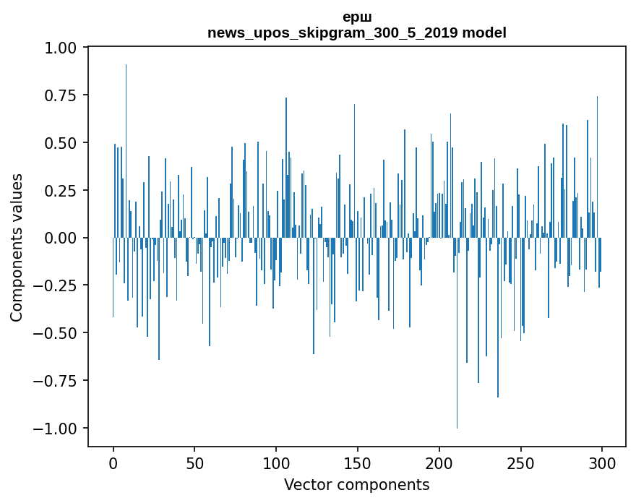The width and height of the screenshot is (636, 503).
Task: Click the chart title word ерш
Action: point(357,17)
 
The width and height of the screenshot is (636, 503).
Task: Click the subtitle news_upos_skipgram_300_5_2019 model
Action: point(357,33)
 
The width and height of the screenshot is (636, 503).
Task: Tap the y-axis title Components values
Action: point(17,247)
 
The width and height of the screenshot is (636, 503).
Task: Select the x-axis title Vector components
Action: point(357,485)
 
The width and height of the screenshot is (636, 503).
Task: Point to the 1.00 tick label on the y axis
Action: point(64,48)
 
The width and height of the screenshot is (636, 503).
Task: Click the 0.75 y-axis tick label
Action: point(64,95)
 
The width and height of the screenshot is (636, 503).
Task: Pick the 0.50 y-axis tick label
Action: point(64,143)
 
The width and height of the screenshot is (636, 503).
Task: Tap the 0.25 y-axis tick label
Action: point(64,191)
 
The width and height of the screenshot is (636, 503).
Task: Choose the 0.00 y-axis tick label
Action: point(64,238)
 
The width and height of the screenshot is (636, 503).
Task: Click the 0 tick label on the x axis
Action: point(113,463)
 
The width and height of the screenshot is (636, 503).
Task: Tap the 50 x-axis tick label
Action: point(194,463)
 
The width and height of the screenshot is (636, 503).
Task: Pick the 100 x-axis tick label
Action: point(276,463)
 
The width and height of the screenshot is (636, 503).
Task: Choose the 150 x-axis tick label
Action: point(358,463)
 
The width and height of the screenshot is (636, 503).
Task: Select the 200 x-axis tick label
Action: point(439,463)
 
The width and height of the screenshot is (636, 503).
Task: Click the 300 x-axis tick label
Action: point(602,463)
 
